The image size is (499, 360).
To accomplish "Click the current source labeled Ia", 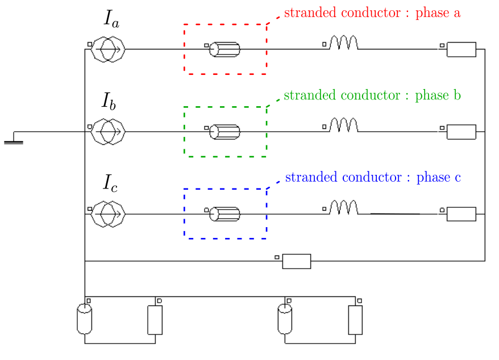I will (108, 49).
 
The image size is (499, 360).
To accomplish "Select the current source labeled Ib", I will (108, 132).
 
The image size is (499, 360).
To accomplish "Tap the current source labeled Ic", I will (108, 214).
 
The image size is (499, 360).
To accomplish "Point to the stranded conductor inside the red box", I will (224, 49).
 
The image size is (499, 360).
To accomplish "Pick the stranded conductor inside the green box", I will (224, 132).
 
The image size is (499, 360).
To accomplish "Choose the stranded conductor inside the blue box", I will (224, 214).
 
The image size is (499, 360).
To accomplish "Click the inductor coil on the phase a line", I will (344, 43).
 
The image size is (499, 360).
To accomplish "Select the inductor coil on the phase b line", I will (344, 125).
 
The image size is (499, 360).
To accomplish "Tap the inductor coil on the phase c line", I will (344, 208).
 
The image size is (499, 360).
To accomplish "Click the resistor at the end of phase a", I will (461, 49).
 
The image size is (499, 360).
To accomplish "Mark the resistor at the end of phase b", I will (461, 132).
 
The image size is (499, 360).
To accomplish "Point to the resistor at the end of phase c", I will (461, 214).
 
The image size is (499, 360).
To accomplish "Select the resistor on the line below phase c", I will (297, 261).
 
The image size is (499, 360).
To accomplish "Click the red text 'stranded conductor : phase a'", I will (372, 13).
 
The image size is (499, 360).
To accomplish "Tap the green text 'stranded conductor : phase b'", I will (372, 95).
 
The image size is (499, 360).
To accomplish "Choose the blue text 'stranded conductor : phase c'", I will (373, 178).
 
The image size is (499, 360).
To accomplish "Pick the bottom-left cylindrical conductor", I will (84, 319).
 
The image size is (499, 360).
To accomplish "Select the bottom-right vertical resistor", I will (355, 320).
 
